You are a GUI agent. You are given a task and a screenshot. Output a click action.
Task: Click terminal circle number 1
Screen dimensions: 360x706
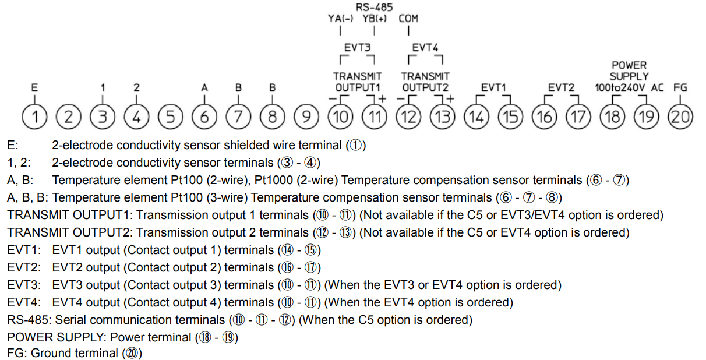tap(36, 117)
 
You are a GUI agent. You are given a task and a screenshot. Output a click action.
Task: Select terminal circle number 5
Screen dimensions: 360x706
tap(170, 117)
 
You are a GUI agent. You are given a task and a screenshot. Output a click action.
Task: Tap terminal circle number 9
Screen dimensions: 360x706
tap(306, 117)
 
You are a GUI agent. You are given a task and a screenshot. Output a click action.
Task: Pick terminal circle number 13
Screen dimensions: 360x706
tap(442, 117)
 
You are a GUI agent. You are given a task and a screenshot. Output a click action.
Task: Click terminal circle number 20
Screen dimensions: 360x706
tap(680, 117)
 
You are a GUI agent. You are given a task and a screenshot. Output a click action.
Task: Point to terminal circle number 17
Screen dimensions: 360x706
tap(578, 117)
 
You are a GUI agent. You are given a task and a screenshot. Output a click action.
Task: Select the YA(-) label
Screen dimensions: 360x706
tap(340, 18)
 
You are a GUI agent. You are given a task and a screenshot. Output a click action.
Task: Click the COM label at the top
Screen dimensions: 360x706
tap(409, 18)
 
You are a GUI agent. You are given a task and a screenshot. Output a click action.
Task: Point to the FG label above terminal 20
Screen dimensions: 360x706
tap(680, 87)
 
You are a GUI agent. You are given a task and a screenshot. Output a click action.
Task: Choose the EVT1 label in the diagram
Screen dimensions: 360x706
tap(493, 87)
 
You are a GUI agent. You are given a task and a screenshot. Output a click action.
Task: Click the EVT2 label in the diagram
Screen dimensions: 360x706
tap(561, 87)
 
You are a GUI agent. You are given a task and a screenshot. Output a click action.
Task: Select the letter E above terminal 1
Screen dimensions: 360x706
tap(35, 87)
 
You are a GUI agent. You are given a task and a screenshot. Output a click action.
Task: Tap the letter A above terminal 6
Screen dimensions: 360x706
tap(204, 87)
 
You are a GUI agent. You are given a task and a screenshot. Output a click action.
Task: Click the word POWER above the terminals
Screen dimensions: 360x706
tap(629, 65)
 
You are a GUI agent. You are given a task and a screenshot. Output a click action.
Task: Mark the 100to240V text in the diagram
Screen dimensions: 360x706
tap(620, 87)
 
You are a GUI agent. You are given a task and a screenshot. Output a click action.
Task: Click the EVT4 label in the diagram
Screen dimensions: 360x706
tap(425, 47)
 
